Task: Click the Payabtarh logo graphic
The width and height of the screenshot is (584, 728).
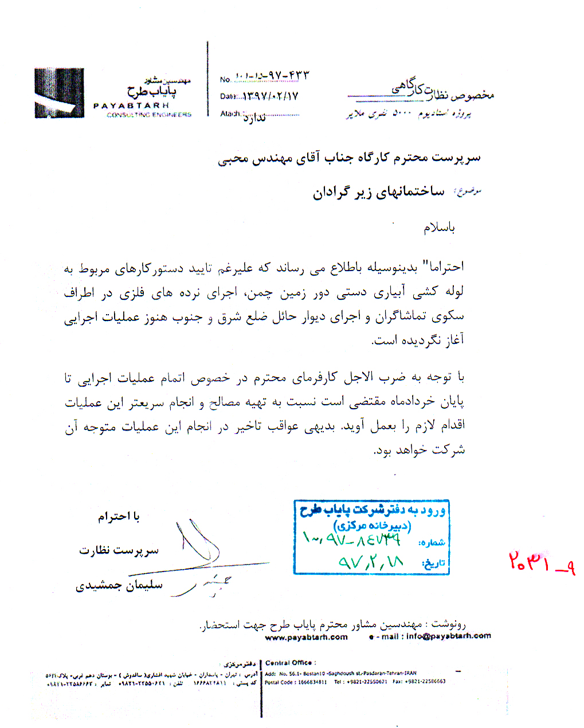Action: tap(59, 93)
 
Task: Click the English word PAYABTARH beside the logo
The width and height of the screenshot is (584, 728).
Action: tap(131, 105)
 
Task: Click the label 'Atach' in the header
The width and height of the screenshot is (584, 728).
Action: tap(230, 114)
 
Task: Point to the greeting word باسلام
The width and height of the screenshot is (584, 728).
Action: tap(439, 228)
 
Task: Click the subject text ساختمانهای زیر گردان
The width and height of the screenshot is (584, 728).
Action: tap(378, 192)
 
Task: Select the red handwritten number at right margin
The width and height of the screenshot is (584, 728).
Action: tap(541, 564)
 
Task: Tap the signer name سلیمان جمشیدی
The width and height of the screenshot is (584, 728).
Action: tap(119, 586)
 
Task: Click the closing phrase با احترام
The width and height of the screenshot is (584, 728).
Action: tap(119, 516)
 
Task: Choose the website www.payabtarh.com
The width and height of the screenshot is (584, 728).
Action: tap(306, 637)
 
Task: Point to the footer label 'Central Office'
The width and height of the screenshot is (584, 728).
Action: tap(290, 663)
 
